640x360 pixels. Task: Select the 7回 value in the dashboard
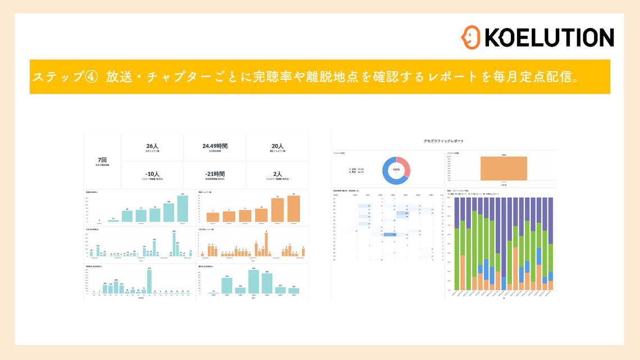coord(103,160)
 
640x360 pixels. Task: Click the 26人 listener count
coord(153,146)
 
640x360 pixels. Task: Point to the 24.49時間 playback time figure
coord(214,146)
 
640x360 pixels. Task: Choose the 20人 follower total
coord(277,146)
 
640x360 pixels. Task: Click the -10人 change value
coord(153,174)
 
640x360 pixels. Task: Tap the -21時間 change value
coord(214,174)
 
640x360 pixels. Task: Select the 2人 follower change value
coord(277,174)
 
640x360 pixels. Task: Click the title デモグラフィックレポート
coord(444,140)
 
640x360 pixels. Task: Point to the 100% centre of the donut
coord(396,170)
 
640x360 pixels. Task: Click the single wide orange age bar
coord(504,168)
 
